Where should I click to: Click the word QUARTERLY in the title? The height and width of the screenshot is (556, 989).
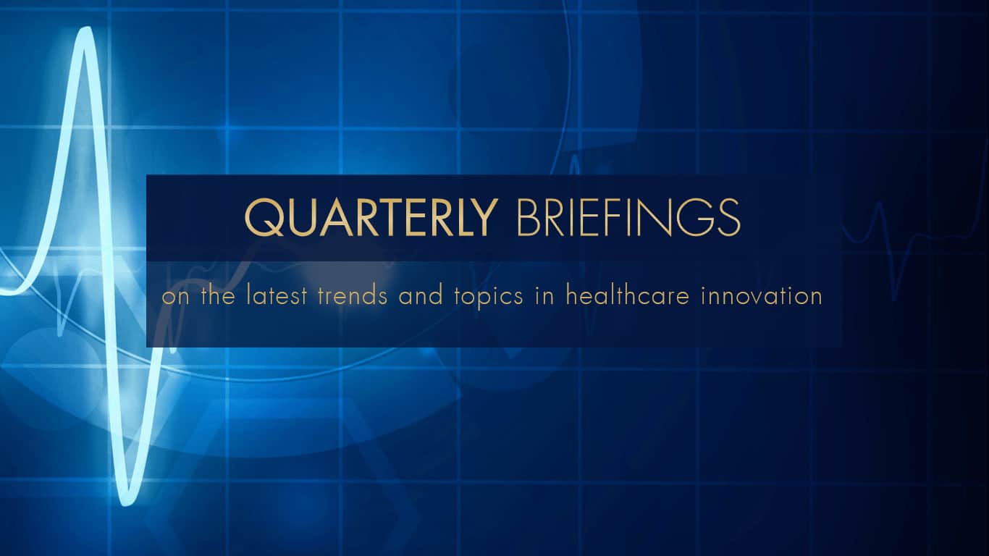pyautogui.click(x=371, y=217)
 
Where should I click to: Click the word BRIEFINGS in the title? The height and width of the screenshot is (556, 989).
pyautogui.click(x=628, y=217)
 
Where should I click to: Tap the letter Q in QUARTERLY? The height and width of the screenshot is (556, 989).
pyautogui.click(x=263, y=217)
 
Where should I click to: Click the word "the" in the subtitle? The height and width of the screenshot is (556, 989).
pyautogui.click(x=218, y=295)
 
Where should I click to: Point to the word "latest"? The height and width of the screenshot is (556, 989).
pyautogui.click(x=277, y=295)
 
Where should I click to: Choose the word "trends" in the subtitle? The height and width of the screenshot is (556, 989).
pyautogui.click(x=353, y=295)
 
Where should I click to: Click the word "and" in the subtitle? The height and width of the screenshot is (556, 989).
pyautogui.click(x=421, y=295)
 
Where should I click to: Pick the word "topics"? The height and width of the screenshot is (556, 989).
pyautogui.click(x=489, y=298)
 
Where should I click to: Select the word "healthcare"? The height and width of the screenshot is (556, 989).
pyautogui.click(x=628, y=295)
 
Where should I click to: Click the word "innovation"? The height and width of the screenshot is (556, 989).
pyautogui.click(x=762, y=295)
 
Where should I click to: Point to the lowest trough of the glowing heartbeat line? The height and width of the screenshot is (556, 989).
pyautogui.click(x=127, y=501)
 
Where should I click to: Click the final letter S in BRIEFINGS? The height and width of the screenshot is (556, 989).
pyautogui.click(x=729, y=217)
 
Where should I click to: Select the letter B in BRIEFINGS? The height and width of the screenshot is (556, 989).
pyautogui.click(x=528, y=217)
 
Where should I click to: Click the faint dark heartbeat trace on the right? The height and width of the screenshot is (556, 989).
pyautogui.click(x=914, y=248)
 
